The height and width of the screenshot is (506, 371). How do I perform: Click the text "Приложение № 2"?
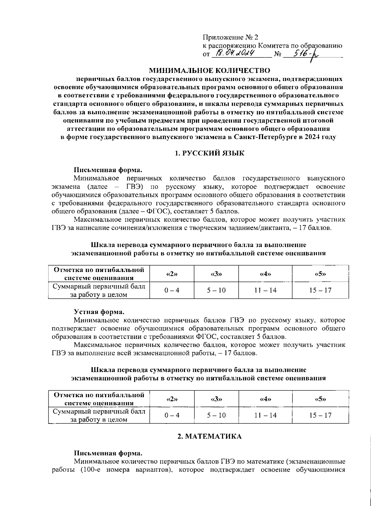tap(230, 37)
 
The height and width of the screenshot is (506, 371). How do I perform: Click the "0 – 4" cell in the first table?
tap(172, 290)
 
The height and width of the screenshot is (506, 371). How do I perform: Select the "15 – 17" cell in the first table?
tap(320, 290)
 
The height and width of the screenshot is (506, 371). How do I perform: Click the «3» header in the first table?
tap(216, 274)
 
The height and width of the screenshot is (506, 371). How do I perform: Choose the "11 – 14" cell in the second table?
tap(265, 415)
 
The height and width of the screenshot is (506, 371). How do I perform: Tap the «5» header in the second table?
tap(320, 399)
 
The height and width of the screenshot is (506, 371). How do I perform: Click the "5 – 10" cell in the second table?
tap(216, 415)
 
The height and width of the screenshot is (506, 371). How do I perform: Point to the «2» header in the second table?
tap(172, 399)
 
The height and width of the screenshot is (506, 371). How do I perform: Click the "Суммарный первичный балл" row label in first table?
tap(99, 286)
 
